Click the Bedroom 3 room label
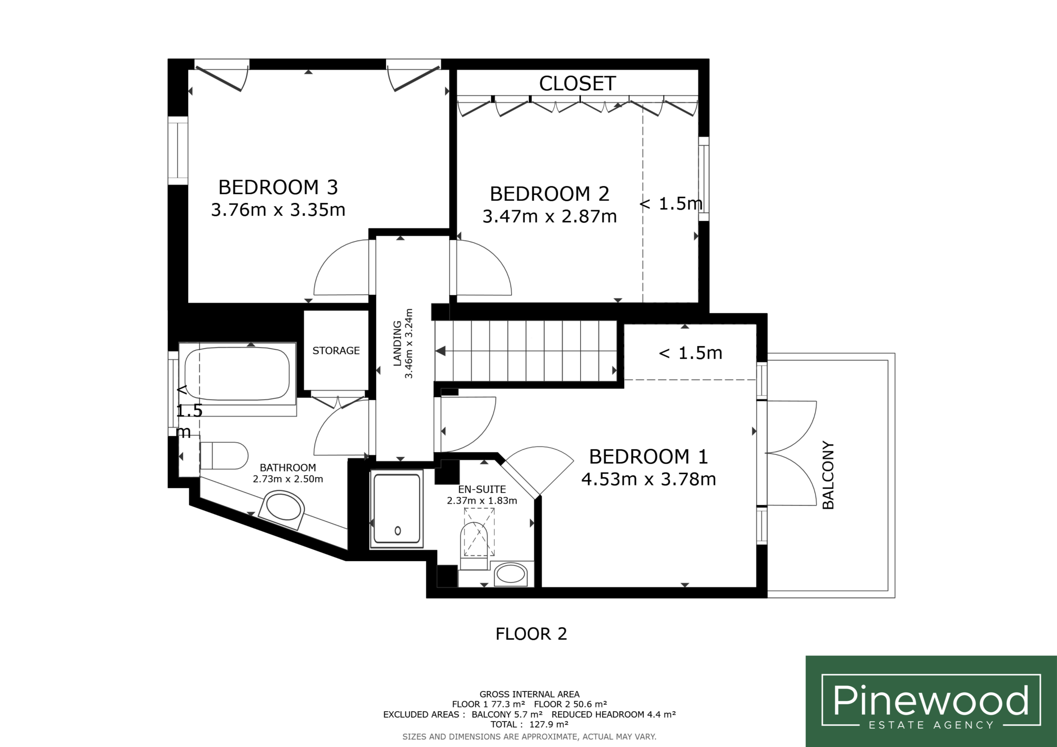point(278,187)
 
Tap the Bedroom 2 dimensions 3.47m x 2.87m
point(549,216)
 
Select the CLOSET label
point(577,83)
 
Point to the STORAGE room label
point(336,351)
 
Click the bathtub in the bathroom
point(237,374)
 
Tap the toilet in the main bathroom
point(224,456)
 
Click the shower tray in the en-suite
point(396,508)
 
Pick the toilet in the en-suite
point(474,546)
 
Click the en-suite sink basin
point(511,574)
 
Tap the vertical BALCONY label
point(828,475)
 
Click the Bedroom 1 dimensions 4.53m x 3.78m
point(648,479)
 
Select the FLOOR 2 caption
point(531,634)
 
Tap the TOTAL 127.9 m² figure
point(529,724)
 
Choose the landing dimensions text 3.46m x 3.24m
point(409,343)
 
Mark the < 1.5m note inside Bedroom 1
point(690,353)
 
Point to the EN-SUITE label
point(482,489)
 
